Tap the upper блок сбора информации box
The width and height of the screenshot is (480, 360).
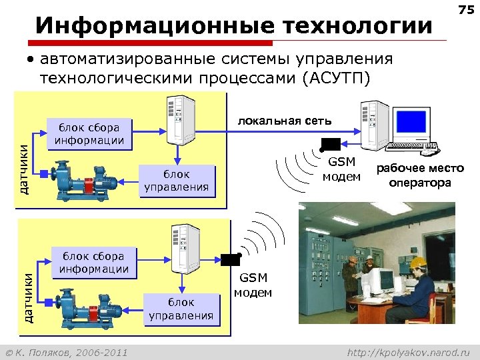coord(89,133)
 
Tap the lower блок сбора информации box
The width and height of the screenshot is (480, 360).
coord(93,262)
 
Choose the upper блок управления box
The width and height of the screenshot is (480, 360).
coord(177,180)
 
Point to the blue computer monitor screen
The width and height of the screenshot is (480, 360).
coord(411,121)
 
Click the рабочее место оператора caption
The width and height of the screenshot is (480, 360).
coord(420,176)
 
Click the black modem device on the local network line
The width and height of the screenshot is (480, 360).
coord(331,143)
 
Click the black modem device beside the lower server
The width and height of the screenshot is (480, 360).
coord(231,260)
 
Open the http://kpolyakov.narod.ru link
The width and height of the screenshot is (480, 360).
coord(409,351)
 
